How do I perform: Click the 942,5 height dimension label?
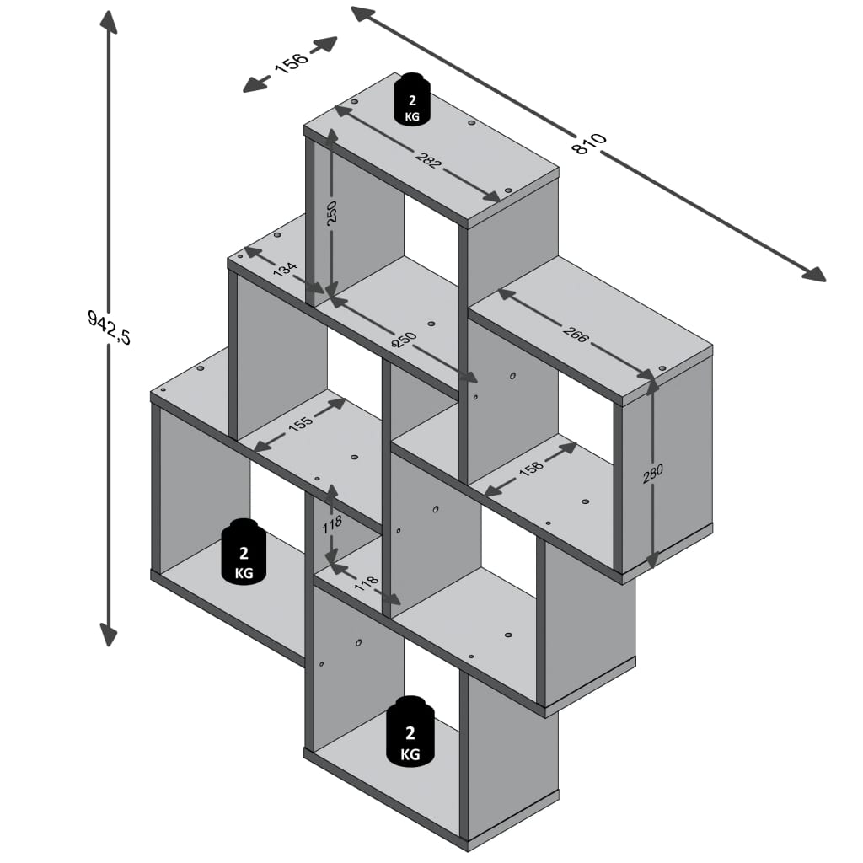click(109, 326)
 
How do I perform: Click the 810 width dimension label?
click(589, 144)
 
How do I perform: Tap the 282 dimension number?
click(427, 158)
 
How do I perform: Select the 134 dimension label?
click(285, 271)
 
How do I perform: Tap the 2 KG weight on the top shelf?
click(412, 99)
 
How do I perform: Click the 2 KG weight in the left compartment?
click(243, 552)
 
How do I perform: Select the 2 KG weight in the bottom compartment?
click(410, 732)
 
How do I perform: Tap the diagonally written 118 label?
click(365, 583)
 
